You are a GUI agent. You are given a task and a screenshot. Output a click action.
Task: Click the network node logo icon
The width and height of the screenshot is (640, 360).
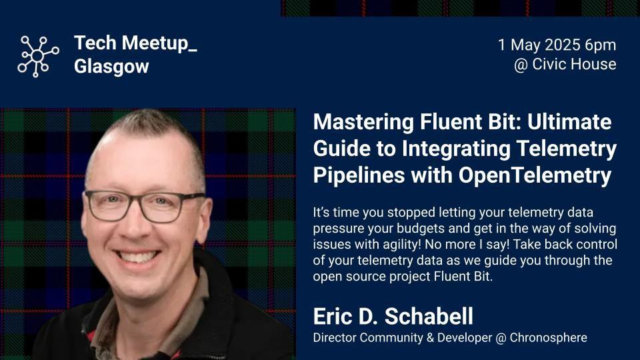[x=37, y=56]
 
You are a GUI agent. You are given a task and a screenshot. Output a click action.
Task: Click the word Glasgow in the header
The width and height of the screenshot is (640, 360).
[x=111, y=67]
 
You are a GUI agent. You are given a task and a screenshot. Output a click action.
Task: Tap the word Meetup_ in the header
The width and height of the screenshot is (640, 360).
[x=159, y=43]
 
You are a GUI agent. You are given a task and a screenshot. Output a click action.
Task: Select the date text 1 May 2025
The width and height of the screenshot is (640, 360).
[x=539, y=45]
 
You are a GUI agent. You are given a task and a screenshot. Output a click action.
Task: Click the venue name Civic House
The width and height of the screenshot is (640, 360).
[x=574, y=64]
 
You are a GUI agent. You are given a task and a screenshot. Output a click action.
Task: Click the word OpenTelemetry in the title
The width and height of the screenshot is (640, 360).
[x=535, y=176]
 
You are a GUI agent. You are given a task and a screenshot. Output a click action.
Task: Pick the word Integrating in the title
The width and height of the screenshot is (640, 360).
[x=456, y=149]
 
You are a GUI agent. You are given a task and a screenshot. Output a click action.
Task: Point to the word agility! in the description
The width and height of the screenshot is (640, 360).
[x=396, y=245]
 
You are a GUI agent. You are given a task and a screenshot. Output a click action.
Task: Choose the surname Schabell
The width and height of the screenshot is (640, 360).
[x=429, y=316]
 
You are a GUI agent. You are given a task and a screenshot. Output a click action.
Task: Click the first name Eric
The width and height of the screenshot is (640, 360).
[x=333, y=316]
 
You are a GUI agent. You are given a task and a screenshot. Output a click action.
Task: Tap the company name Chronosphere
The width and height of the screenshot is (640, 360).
[x=549, y=338]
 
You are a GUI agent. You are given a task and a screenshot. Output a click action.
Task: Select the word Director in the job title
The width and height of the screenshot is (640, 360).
[x=334, y=338]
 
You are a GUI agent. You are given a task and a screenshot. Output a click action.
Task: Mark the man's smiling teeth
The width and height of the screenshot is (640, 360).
[x=137, y=257]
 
